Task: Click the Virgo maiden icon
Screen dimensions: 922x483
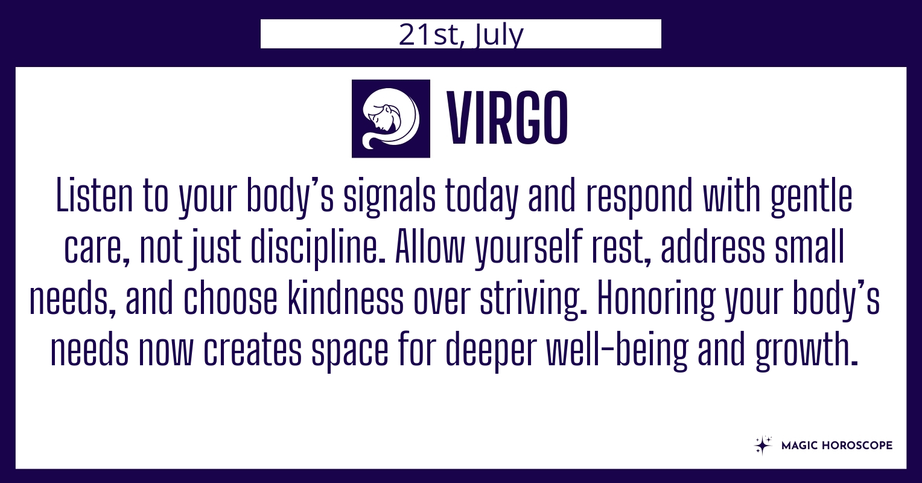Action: (390, 118)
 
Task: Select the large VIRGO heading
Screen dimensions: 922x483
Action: (508, 118)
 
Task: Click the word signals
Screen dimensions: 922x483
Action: (389, 198)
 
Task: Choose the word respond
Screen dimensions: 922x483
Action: (639, 198)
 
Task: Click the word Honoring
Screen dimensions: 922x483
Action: (656, 300)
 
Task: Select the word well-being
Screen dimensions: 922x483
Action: (617, 351)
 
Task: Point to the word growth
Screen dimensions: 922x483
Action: (806, 351)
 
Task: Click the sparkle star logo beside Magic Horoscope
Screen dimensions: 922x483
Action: (763, 446)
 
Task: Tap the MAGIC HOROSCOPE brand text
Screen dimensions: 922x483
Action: (837, 446)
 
